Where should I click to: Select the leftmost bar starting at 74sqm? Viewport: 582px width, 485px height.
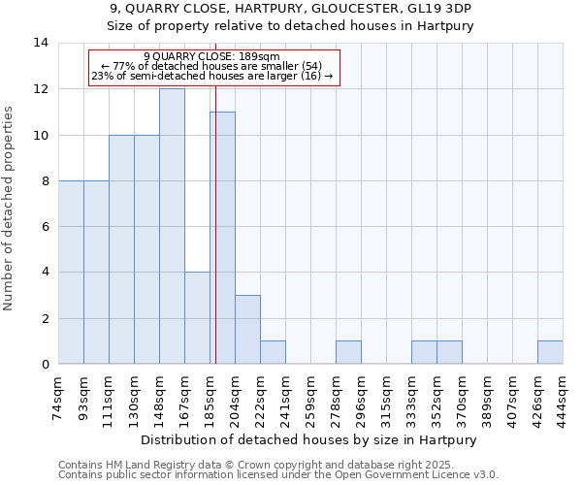(x=71, y=273)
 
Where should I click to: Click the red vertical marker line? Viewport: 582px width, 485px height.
(x=215, y=242)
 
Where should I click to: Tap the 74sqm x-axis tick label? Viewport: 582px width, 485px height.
(x=58, y=397)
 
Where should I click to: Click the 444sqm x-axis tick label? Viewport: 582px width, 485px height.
(x=563, y=397)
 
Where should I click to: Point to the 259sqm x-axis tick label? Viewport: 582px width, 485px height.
(x=310, y=397)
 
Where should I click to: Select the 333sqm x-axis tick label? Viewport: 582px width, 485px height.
(x=411, y=397)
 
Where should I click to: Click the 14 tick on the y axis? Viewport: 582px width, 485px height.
(x=41, y=43)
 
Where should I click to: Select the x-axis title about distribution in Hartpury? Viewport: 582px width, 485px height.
(x=310, y=439)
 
